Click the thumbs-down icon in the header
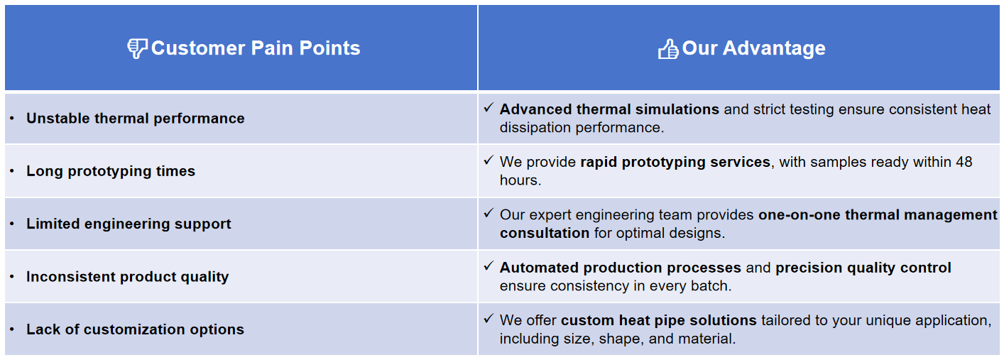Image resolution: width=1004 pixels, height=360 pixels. tap(137, 48)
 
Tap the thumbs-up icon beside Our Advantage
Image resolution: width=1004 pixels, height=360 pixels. tap(668, 49)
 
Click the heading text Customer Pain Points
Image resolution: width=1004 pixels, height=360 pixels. tap(256, 48)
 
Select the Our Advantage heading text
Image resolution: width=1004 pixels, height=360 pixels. tap(753, 48)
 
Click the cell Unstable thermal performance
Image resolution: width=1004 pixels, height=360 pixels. tap(136, 119)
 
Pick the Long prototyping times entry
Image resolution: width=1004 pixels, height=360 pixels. tap(111, 171)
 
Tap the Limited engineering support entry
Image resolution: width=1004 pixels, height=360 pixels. tap(129, 224)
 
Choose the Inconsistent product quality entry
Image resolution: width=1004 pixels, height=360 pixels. tap(127, 277)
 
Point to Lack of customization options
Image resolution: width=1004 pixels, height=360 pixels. tap(135, 329)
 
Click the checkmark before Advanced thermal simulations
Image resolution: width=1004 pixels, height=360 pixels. tap(489, 108)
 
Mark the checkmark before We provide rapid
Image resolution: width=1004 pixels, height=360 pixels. tap(489, 160)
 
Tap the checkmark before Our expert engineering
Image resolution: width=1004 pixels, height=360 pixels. tap(489, 213)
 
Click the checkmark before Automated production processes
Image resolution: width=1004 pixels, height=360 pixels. tap(489, 266)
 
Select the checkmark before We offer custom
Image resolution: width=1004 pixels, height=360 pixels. tap(489, 319)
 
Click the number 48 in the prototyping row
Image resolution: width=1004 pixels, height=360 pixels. tap(964, 162)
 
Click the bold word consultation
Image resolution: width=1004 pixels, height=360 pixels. tap(545, 233)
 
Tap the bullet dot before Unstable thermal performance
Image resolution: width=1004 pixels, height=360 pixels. tap(12, 119)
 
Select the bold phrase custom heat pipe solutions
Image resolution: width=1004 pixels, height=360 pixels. tap(658, 320)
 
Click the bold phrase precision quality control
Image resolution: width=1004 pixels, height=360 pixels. tap(863, 268)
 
